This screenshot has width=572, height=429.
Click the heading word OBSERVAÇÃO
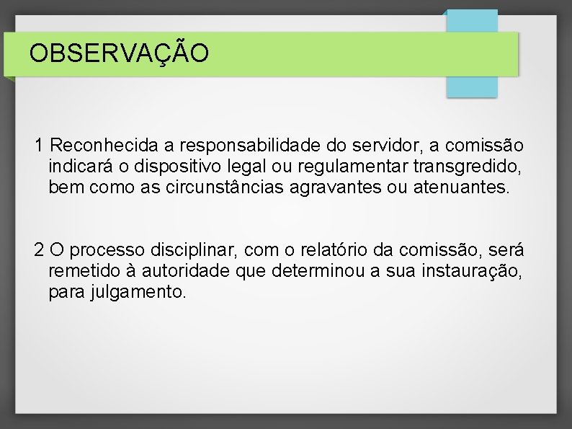pyautogui.click(x=120, y=53)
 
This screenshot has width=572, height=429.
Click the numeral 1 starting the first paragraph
pyautogui.click(x=40, y=146)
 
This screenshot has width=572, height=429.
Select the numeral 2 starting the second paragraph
pyautogui.click(x=40, y=250)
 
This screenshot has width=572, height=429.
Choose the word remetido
pyautogui.click(x=79, y=272)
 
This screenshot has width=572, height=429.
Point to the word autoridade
pyautogui.click(x=180, y=272)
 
